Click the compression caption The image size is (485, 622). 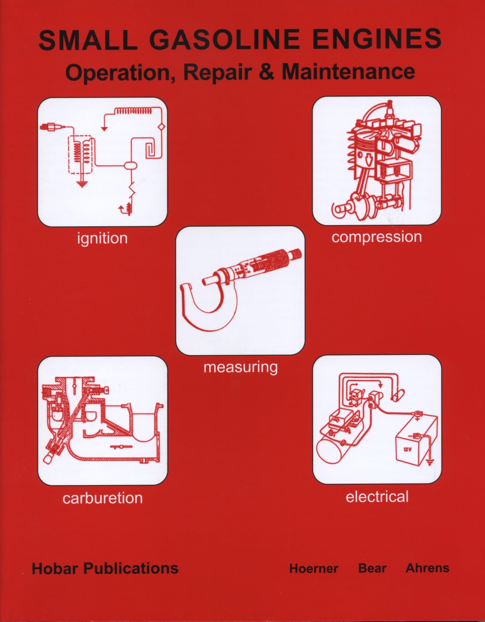pyautogui.click(x=376, y=237)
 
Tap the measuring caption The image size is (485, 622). pyautogui.click(x=240, y=367)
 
